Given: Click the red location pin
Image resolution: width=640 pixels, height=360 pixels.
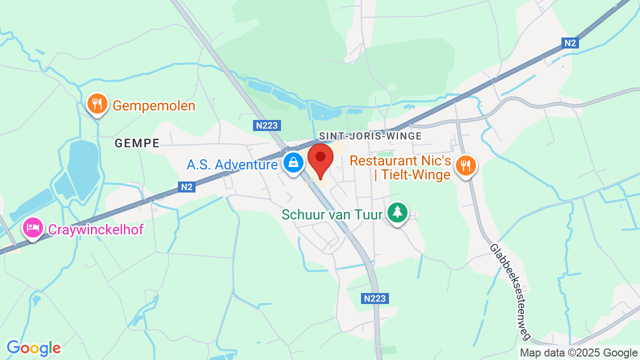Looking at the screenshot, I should point(320,158).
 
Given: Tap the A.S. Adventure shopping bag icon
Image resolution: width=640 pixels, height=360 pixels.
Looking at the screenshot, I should point(293,162).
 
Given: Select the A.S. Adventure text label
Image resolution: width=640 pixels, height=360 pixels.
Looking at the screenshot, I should point(232,164).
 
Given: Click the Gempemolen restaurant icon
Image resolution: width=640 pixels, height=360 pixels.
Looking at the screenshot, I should point(97,103).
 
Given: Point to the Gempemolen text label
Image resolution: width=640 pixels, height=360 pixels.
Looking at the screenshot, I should point(154,106).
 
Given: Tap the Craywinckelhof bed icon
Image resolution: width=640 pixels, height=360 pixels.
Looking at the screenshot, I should point(33,228).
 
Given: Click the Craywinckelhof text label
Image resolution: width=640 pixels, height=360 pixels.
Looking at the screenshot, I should point(96,229).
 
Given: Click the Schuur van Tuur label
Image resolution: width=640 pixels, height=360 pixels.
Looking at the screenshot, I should point(332,214).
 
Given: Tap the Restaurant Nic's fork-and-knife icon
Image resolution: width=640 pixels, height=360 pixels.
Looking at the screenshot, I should point(466,165).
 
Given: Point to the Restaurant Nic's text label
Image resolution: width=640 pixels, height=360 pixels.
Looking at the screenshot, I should point(400,167).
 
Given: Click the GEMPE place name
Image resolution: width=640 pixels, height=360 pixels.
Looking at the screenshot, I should point(137,143).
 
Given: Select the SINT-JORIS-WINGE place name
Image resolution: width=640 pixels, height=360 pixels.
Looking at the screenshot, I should point(370,136).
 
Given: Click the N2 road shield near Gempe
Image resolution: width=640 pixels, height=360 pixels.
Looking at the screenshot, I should point(186,187).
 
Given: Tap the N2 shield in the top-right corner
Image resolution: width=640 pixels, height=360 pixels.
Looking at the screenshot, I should point(570,43).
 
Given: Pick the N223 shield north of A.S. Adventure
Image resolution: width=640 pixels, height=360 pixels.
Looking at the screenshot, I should point(267,125).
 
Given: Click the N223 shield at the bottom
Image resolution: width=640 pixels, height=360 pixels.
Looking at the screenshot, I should point(375,298).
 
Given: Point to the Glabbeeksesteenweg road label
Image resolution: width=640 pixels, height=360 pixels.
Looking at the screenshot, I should point(510,292).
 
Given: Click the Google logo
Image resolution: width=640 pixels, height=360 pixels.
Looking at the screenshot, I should point(33,348).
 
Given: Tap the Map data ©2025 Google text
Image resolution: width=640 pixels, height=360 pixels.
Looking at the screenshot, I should point(578,353).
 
